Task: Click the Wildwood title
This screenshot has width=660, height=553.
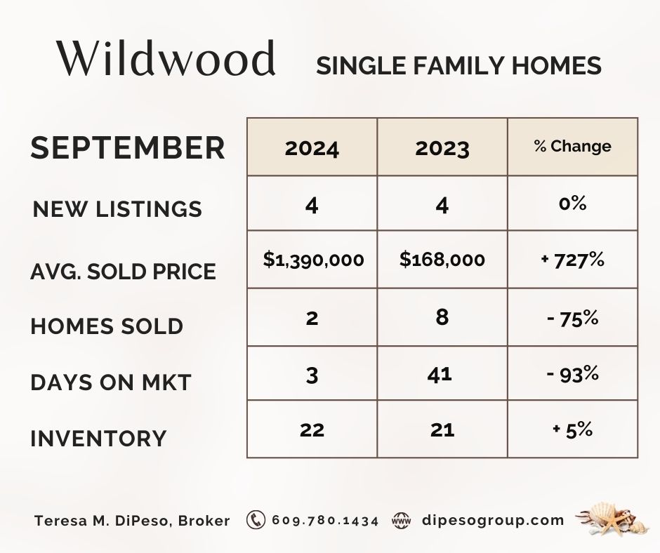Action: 166,58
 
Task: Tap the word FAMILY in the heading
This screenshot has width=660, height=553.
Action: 458,66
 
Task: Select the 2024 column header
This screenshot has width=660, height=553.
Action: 312,149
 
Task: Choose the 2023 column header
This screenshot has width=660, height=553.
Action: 442,149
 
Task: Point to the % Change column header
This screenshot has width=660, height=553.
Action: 572,146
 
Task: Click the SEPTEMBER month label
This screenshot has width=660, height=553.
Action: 128,147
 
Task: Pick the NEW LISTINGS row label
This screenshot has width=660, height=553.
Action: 117,208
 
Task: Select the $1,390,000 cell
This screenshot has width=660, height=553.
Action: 314,259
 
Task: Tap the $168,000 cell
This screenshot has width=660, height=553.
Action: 442,259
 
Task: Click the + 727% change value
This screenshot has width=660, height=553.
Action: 572,260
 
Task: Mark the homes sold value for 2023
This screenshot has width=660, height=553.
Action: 442,317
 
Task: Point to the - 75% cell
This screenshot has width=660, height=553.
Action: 572,318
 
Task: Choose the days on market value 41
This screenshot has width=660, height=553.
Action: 440,374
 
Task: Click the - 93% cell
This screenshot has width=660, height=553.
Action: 572,374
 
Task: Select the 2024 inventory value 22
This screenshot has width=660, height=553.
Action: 312,430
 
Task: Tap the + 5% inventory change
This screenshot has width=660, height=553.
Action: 572,429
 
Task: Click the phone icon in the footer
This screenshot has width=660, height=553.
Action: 256,520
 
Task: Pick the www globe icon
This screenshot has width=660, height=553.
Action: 401,521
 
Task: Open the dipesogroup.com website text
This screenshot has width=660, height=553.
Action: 493,521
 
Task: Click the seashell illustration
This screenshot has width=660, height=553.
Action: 611,519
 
